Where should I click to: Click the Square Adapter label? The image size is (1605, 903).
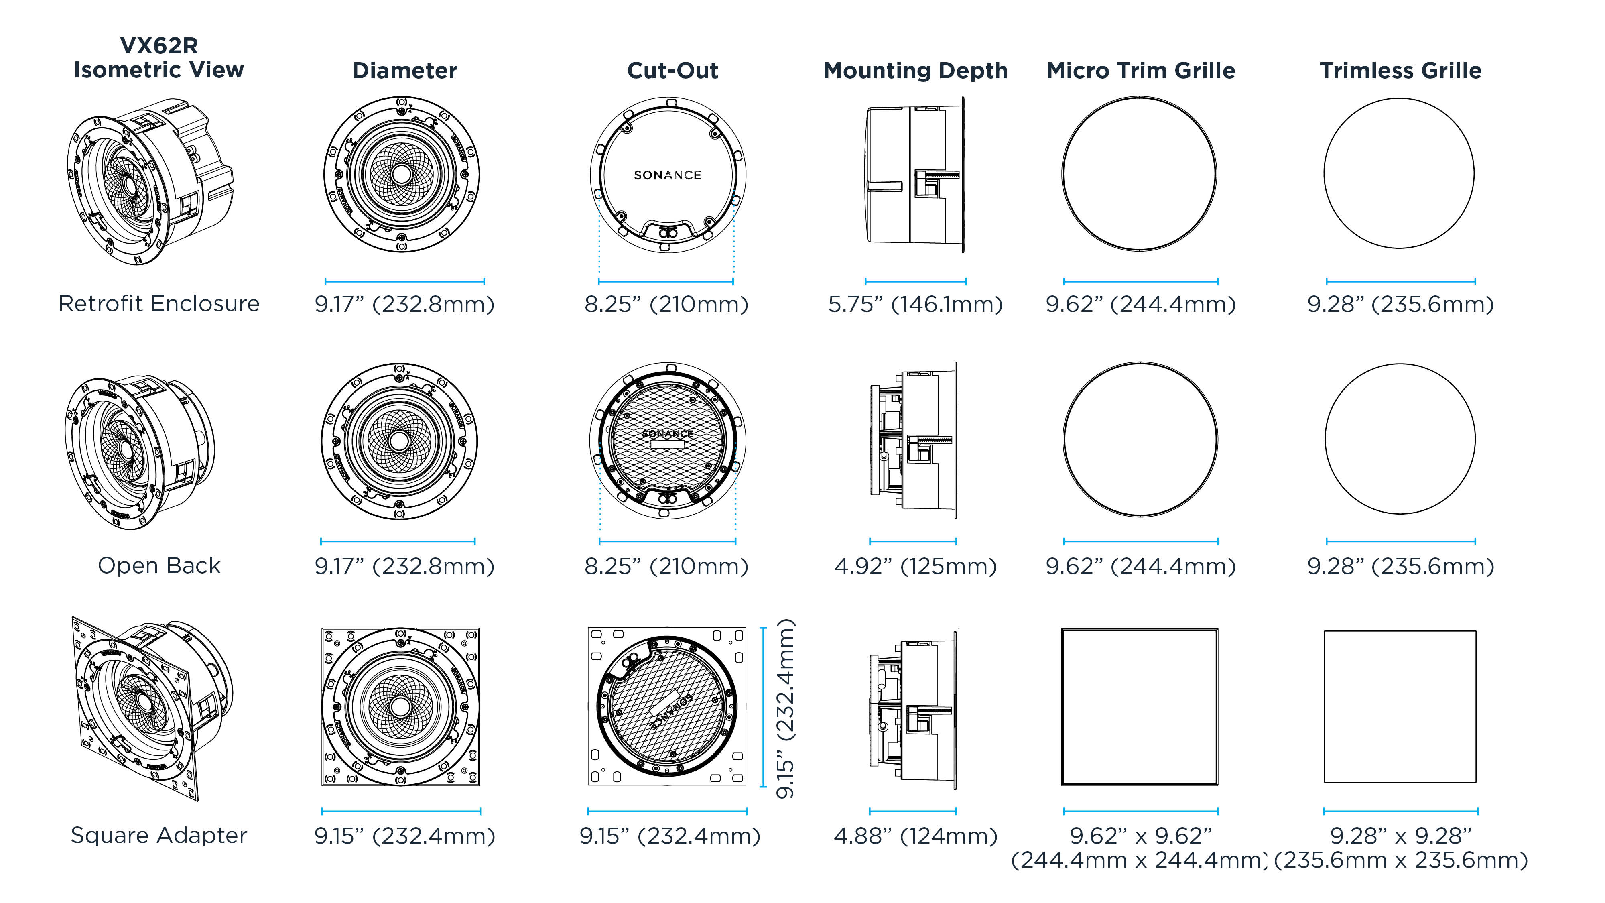(159, 835)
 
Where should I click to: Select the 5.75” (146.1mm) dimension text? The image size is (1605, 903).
(915, 304)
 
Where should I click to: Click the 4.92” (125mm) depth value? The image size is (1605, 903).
(915, 566)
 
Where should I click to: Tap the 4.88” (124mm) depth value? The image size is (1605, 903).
(915, 836)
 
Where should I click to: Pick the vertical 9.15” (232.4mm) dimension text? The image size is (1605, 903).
(785, 709)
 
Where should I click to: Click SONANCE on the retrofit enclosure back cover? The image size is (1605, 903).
(667, 175)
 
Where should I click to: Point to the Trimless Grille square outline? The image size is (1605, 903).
(1400, 707)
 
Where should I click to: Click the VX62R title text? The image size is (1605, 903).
(159, 45)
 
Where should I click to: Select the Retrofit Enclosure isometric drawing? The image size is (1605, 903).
(150, 181)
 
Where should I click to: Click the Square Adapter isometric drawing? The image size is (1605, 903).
(150, 707)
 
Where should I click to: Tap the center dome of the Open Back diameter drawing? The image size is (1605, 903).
(399, 441)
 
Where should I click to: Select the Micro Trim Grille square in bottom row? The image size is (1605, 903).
(1140, 707)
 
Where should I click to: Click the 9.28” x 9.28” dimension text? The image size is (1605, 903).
(1400, 836)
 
